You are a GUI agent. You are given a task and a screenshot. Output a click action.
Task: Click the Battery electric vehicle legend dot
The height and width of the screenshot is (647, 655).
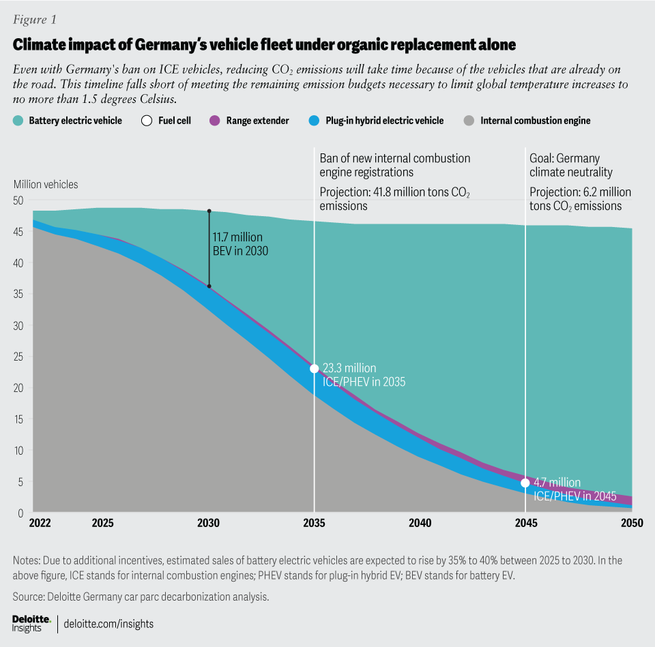coord(18,121)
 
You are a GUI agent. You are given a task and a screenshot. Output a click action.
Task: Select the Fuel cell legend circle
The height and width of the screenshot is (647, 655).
coord(147,121)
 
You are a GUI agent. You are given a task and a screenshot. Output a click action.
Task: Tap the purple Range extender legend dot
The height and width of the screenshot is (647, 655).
coord(213,121)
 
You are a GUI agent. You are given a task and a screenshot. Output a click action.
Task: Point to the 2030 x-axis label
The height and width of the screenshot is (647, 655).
coord(209,524)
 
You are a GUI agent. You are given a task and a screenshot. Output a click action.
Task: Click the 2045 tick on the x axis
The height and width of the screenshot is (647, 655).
coord(525,524)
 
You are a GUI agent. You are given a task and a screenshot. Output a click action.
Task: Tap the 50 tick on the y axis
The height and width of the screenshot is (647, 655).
coord(19,200)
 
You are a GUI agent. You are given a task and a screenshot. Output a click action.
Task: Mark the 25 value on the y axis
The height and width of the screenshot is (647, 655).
coord(19,357)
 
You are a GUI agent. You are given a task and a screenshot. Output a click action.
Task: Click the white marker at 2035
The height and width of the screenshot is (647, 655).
coord(314,369)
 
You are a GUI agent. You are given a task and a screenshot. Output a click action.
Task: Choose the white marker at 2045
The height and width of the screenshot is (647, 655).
coord(525,483)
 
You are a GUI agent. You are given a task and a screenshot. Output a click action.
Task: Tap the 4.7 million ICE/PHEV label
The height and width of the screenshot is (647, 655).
coord(574,489)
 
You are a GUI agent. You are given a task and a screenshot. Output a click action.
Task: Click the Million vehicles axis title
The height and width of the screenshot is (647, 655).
coord(46,184)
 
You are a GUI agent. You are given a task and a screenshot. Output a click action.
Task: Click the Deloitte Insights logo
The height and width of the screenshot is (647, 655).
coord(31,623)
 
